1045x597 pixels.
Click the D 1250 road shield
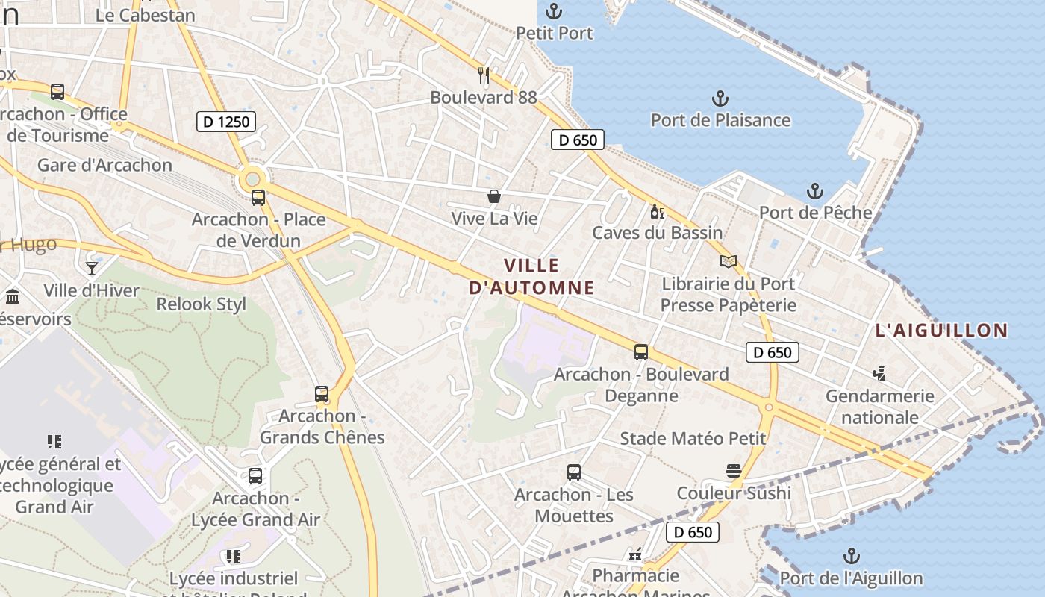[x=226, y=121]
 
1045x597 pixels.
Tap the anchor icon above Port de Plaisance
[x=720, y=99]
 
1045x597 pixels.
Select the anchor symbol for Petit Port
[x=554, y=11]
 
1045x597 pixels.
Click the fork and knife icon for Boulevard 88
[x=484, y=75]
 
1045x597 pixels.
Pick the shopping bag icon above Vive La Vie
[x=494, y=196]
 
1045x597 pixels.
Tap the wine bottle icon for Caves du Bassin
[x=657, y=211]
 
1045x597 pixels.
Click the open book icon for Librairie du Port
[x=729, y=261]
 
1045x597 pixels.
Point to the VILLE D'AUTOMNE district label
[x=531, y=276]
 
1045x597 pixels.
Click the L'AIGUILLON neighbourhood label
[x=941, y=330]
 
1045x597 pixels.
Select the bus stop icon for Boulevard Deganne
[x=641, y=352]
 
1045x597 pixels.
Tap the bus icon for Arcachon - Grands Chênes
[x=322, y=394]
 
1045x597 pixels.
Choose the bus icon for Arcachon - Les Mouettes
[x=574, y=472]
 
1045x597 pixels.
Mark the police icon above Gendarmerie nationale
[x=880, y=373]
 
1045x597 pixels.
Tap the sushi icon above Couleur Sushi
[x=734, y=471]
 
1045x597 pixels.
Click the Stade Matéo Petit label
[x=693, y=438]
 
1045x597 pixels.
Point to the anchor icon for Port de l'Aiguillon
[x=851, y=556]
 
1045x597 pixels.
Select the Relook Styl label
[x=202, y=304]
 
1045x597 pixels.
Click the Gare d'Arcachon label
[x=104, y=165]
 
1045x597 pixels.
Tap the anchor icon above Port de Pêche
[x=814, y=191]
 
